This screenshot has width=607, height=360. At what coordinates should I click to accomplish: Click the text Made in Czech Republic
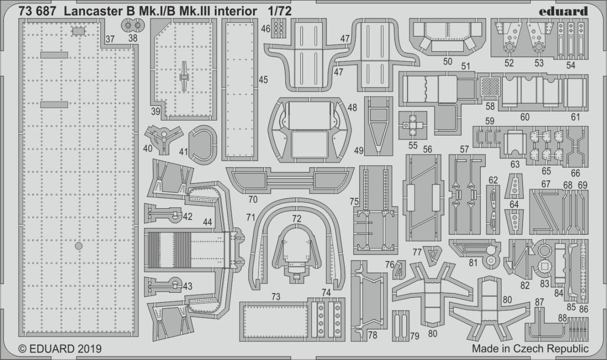pos(530,349)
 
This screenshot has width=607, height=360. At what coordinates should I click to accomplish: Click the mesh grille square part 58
pos(490,86)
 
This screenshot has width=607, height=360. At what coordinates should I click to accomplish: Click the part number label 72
pos(297,218)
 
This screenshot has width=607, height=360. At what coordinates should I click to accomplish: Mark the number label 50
pos(447,61)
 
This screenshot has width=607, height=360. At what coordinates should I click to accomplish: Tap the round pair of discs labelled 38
pos(133,24)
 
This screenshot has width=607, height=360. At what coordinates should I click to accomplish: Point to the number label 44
pos(208,223)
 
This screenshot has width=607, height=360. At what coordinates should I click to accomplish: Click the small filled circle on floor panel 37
pos(79,246)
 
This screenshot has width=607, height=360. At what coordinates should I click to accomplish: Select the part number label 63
pos(515,164)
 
